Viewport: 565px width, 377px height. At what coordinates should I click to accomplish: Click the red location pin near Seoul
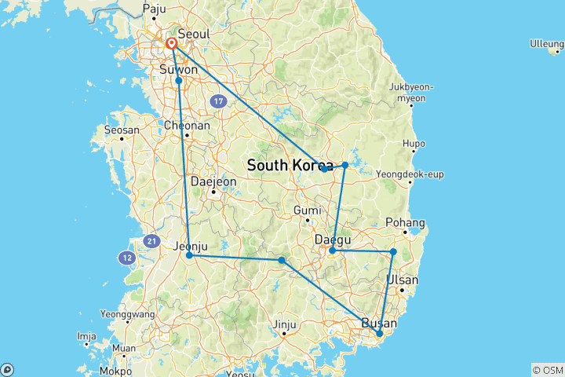point(171,44)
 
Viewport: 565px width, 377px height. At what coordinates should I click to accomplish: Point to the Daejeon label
point(213,181)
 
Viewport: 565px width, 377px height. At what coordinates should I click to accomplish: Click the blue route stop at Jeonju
point(190,254)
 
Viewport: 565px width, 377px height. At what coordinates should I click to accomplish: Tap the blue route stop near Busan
point(380,334)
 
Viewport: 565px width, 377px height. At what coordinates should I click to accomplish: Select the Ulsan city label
point(403,280)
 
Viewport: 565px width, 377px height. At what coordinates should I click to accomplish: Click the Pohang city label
point(409,222)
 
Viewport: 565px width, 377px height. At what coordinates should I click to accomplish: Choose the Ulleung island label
point(547,42)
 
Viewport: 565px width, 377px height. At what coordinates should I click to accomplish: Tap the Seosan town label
point(122,130)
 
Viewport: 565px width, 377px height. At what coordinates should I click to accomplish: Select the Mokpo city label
point(116,370)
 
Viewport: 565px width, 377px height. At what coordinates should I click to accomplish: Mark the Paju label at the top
point(155,9)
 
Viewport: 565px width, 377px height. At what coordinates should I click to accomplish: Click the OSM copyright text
point(548,370)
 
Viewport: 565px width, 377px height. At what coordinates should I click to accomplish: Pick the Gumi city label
point(308,210)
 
